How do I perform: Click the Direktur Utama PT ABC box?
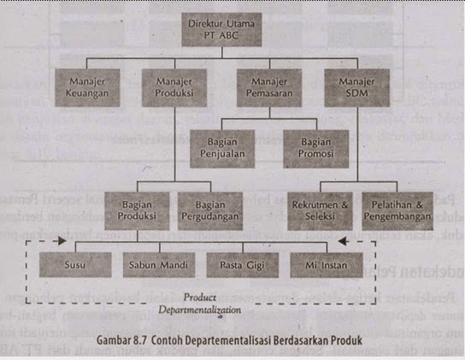tap(221, 30)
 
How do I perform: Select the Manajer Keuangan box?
tap(87, 87)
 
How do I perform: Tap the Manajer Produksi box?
tap(174, 87)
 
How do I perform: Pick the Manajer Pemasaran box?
tap(269, 87)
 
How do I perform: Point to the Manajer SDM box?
tap(357, 87)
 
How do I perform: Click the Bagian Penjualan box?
tap(222, 149)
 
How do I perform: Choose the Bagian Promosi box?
tap(316, 149)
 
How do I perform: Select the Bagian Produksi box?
tap(137, 211)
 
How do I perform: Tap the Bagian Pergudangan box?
tap(210, 211)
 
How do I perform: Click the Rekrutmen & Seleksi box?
tap(320, 211)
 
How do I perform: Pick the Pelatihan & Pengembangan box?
tap(397, 211)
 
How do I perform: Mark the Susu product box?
tap(75, 265)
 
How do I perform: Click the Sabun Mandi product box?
tap(159, 265)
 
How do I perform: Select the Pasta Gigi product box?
tap(243, 265)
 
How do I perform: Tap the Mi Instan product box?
tap(327, 265)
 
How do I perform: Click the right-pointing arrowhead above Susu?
tap(62, 240)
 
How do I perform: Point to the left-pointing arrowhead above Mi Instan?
tap(343, 241)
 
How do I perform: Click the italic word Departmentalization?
tap(199, 310)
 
